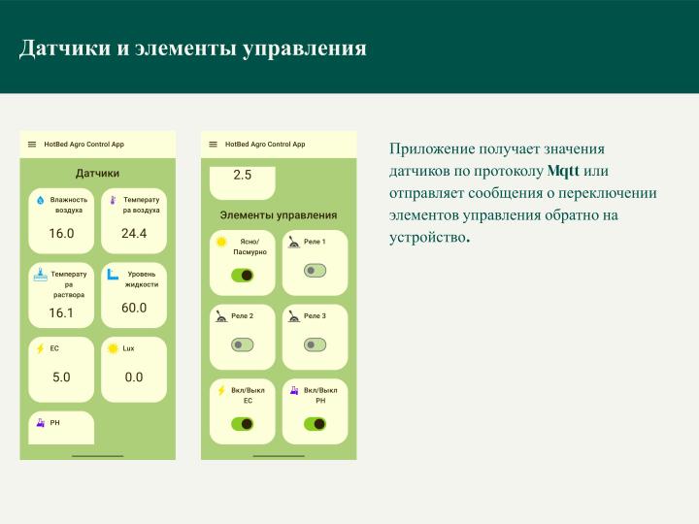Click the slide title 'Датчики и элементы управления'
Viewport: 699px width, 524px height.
tap(193, 48)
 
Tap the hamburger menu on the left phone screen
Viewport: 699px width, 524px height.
tap(32, 144)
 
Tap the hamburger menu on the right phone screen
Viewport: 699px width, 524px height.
tap(213, 144)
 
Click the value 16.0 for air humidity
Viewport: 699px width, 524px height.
tap(61, 234)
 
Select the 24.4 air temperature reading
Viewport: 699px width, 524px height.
tap(134, 234)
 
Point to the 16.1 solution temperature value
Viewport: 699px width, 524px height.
tap(61, 312)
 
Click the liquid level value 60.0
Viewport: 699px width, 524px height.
tap(134, 308)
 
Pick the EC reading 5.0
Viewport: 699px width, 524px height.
tap(61, 377)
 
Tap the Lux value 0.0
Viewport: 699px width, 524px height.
tap(134, 377)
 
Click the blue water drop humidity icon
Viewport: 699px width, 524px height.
tap(40, 200)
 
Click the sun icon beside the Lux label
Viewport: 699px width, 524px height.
tap(113, 347)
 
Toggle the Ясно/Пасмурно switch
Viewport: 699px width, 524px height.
tap(242, 276)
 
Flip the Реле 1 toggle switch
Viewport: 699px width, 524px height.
tap(315, 271)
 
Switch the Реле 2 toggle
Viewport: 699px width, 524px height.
tap(242, 344)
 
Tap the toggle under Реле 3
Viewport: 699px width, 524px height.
tap(315, 344)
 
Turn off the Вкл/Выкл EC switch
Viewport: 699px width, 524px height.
tap(242, 424)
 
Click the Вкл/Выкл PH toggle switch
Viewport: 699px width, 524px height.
tap(315, 424)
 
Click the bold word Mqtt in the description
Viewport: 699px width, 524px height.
tap(563, 172)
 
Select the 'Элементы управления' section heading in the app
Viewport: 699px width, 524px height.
tap(279, 214)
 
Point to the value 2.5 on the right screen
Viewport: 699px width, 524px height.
tap(243, 176)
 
